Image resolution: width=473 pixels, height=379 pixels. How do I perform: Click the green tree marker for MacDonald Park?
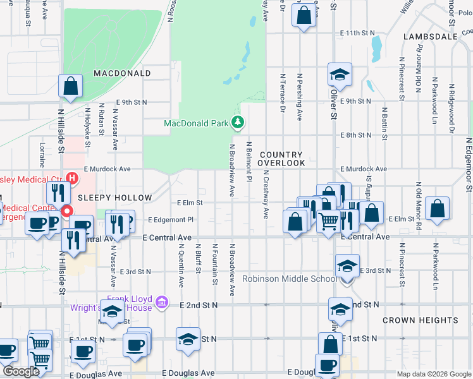point(238,122)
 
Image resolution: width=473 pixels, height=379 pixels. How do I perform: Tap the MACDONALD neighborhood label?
point(122,73)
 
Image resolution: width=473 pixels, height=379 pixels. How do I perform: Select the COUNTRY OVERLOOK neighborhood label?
point(282,159)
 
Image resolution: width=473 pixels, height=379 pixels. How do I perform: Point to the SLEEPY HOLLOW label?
point(115,198)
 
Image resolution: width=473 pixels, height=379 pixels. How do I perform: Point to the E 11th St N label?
point(357,32)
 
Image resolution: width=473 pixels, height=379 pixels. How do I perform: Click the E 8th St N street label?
point(355,135)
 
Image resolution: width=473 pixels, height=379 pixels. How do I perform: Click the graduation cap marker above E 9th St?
point(340,75)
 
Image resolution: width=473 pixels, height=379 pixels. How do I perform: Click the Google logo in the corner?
point(21,371)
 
